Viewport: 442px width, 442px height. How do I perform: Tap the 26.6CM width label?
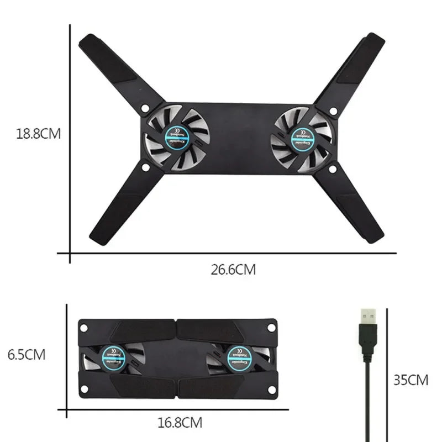233,270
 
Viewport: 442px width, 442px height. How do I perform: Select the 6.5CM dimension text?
27,355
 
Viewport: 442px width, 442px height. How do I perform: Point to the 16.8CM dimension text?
180,423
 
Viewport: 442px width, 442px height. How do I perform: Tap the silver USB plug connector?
369,317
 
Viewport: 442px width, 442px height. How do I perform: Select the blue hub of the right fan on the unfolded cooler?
302,136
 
